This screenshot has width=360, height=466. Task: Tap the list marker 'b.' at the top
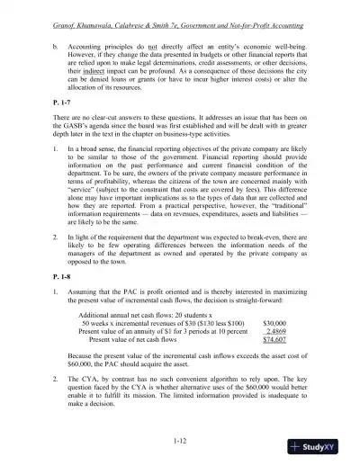coord(55,43)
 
